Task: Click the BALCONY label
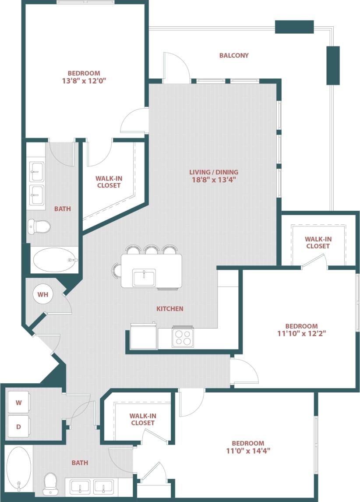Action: click(x=234, y=56)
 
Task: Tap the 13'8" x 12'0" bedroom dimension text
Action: click(x=84, y=81)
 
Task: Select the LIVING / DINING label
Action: click(x=214, y=176)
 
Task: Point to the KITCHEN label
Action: click(x=170, y=309)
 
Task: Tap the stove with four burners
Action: click(x=183, y=337)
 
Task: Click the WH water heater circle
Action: click(x=42, y=294)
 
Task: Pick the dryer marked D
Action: click(x=19, y=426)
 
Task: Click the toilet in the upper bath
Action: click(x=39, y=226)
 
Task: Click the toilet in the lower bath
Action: click(x=50, y=483)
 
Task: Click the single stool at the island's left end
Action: click(x=116, y=270)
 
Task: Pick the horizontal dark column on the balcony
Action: click(x=294, y=27)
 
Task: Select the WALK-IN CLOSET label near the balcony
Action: click(x=318, y=243)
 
